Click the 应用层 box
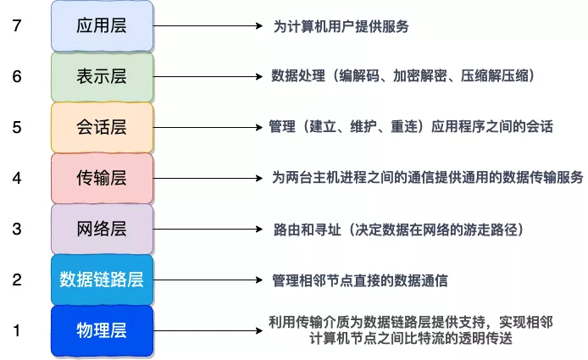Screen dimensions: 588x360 pyautogui.click(x=102, y=26)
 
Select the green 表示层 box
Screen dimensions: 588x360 pyautogui.click(x=102, y=77)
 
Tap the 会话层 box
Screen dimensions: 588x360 pyautogui.click(x=102, y=128)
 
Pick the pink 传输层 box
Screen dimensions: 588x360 pyautogui.click(x=102, y=178)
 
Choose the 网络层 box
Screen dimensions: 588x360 pyautogui.click(x=102, y=229)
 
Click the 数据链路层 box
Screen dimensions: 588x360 pyautogui.click(x=102, y=280)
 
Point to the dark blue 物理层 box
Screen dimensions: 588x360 pyautogui.click(x=102, y=330)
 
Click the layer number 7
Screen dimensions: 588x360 pyautogui.click(x=17, y=26)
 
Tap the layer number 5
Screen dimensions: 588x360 pyautogui.click(x=17, y=128)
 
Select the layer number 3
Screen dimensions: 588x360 pyautogui.click(x=17, y=229)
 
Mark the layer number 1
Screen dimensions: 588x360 pyautogui.click(x=17, y=330)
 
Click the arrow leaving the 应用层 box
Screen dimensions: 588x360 pyautogui.click(x=208, y=26)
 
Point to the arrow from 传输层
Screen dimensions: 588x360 pyautogui.click(x=208, y=178)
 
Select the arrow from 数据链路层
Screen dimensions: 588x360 pyautogui.click(x=208, y=280)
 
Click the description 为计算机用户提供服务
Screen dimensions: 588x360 pyautogui.click(x=341, y=26)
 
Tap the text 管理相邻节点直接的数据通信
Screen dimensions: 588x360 pyautogui.click(x=360, y=280)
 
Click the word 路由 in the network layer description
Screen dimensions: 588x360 pyautogui.click(x=287, y=230)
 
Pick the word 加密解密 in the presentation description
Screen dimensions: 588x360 pyautogui.click(x=420, y=76)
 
